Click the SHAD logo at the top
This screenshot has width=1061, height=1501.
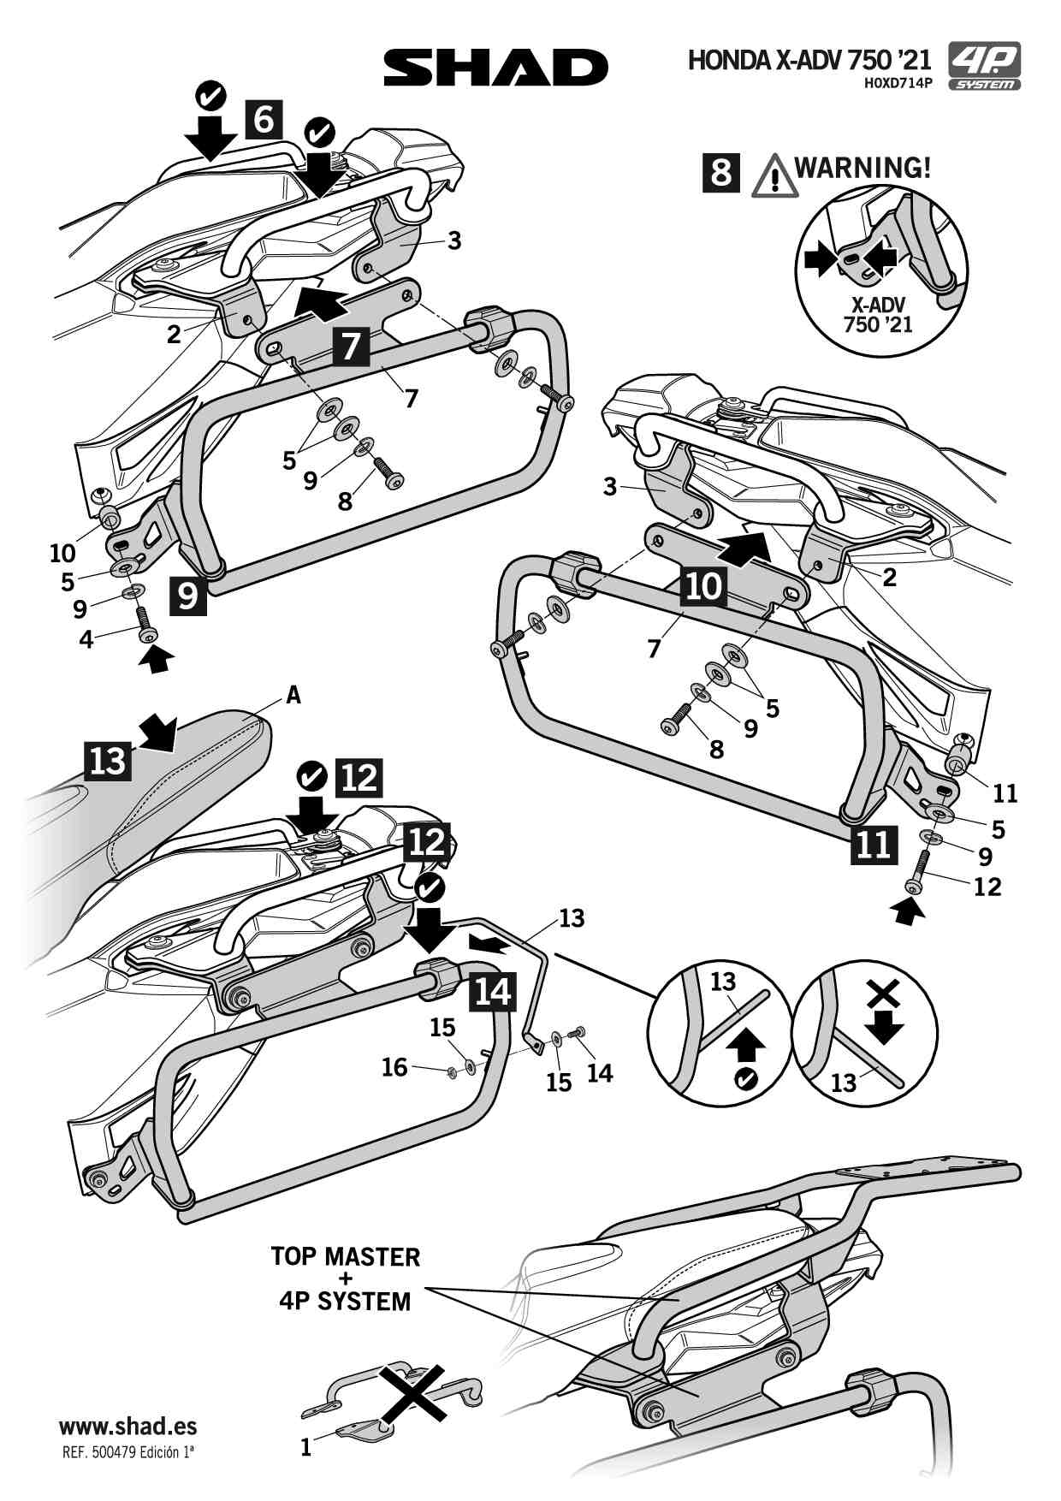tap(495, 67)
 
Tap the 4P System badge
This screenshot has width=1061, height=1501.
tap(985, 67)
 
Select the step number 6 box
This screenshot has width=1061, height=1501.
tap(264, 119)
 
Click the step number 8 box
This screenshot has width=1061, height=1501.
tap(721, 171)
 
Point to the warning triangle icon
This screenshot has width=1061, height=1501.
tap(774, 175)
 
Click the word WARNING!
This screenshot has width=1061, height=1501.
tap(862, 167)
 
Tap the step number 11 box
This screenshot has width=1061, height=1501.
tap(874, 845)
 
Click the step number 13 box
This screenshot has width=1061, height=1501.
tap(108, 760)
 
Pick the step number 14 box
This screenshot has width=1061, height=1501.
tap(492, 991)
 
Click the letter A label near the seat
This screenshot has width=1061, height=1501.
tap(293, 696)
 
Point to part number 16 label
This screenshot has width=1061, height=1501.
tap(394, 1067)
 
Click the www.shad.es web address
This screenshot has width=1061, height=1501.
tap(127, 1427)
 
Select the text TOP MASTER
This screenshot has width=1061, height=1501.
tap(346, 1256)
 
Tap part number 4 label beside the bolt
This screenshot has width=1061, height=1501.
tap(86, 638)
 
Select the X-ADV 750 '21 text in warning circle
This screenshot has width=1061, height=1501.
tap(878, 314)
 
